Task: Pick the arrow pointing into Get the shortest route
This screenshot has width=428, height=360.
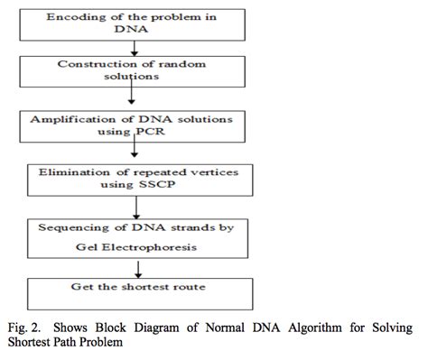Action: coord(136,268)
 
